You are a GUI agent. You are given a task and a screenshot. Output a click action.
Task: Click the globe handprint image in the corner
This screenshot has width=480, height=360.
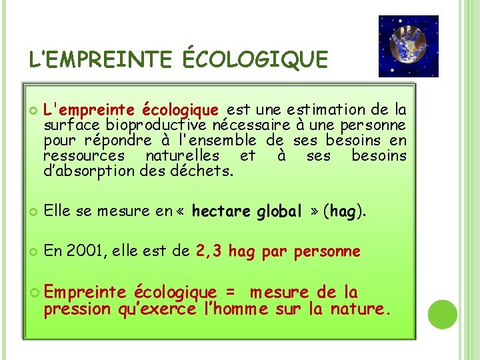click(x=408, y=46)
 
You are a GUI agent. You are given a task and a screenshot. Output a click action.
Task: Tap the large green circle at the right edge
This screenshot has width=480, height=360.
click(x=443, y=314)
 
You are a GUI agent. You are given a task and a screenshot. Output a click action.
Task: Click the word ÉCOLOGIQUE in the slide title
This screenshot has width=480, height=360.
click(x=255, y=59)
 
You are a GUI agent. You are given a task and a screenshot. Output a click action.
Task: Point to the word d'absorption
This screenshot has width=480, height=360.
click(x=90, y=171)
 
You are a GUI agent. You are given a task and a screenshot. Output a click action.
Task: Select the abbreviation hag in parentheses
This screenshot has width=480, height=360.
click(x=342, y=212)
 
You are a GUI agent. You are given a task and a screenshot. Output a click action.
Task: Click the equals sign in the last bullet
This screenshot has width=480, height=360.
click(x=230, y=293)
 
